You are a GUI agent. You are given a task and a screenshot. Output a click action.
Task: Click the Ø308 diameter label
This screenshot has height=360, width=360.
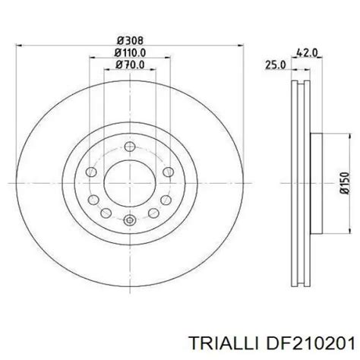(130, 40)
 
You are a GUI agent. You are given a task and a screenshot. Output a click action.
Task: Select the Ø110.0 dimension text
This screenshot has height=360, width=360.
(130, 53)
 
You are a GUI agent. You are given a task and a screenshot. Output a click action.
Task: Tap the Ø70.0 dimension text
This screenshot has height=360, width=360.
(130, 65)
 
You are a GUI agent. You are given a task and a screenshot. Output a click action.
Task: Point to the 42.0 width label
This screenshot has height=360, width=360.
(307, 53)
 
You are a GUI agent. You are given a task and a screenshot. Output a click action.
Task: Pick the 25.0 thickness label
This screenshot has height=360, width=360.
(276, 65)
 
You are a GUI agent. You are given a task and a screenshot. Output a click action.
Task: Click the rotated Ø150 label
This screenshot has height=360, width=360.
(345, 183)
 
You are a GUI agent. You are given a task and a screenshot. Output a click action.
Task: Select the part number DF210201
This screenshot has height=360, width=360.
(309, 344)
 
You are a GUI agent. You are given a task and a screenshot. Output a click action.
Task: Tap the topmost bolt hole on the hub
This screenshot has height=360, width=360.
(130, 147)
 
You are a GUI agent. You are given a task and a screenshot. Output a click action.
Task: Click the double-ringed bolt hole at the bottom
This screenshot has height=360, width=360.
(130, 220)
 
